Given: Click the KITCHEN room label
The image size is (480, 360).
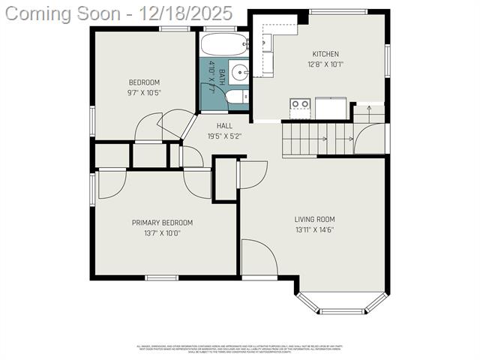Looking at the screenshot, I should [x=325, y=54].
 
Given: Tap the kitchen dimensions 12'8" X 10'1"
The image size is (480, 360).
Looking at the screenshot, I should [x=325, y=64].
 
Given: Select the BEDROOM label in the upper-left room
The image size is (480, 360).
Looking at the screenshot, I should [x=144, y=82].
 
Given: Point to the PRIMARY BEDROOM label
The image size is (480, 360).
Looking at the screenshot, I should [x=162, y=223].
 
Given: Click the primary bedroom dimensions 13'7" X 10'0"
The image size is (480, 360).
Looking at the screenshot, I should [x=162, y=232].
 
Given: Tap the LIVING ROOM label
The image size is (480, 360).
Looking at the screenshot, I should [x=314, y=220].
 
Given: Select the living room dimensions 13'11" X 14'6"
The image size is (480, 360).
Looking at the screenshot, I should [x=314, y=229].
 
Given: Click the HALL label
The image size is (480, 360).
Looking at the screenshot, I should [x=224, y=126].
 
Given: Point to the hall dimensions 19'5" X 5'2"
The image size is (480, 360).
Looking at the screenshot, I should [x=224, y=136].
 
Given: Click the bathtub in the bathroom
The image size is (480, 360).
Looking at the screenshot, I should [x=224, y=46].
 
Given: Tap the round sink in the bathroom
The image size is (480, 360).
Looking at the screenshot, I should [x=239, y=73].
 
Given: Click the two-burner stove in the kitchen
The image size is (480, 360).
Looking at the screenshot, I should [x=301, y=108].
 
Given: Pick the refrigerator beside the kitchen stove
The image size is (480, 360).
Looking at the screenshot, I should [x=330, y=108].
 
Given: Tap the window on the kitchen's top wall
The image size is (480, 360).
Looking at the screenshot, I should [x=339, y=11].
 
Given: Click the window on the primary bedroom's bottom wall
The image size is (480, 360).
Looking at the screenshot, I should [x=161, y=277].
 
